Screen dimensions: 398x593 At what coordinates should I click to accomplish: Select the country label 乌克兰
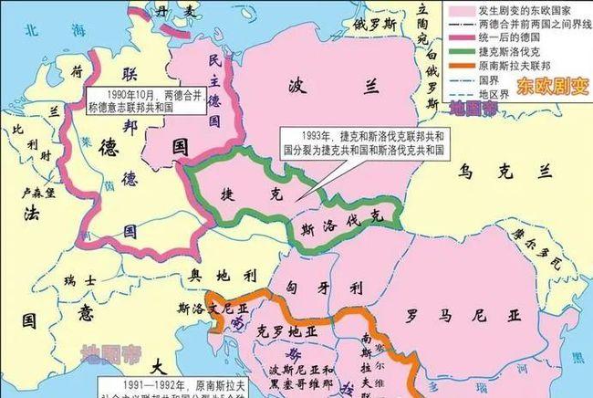pos(520,172)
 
